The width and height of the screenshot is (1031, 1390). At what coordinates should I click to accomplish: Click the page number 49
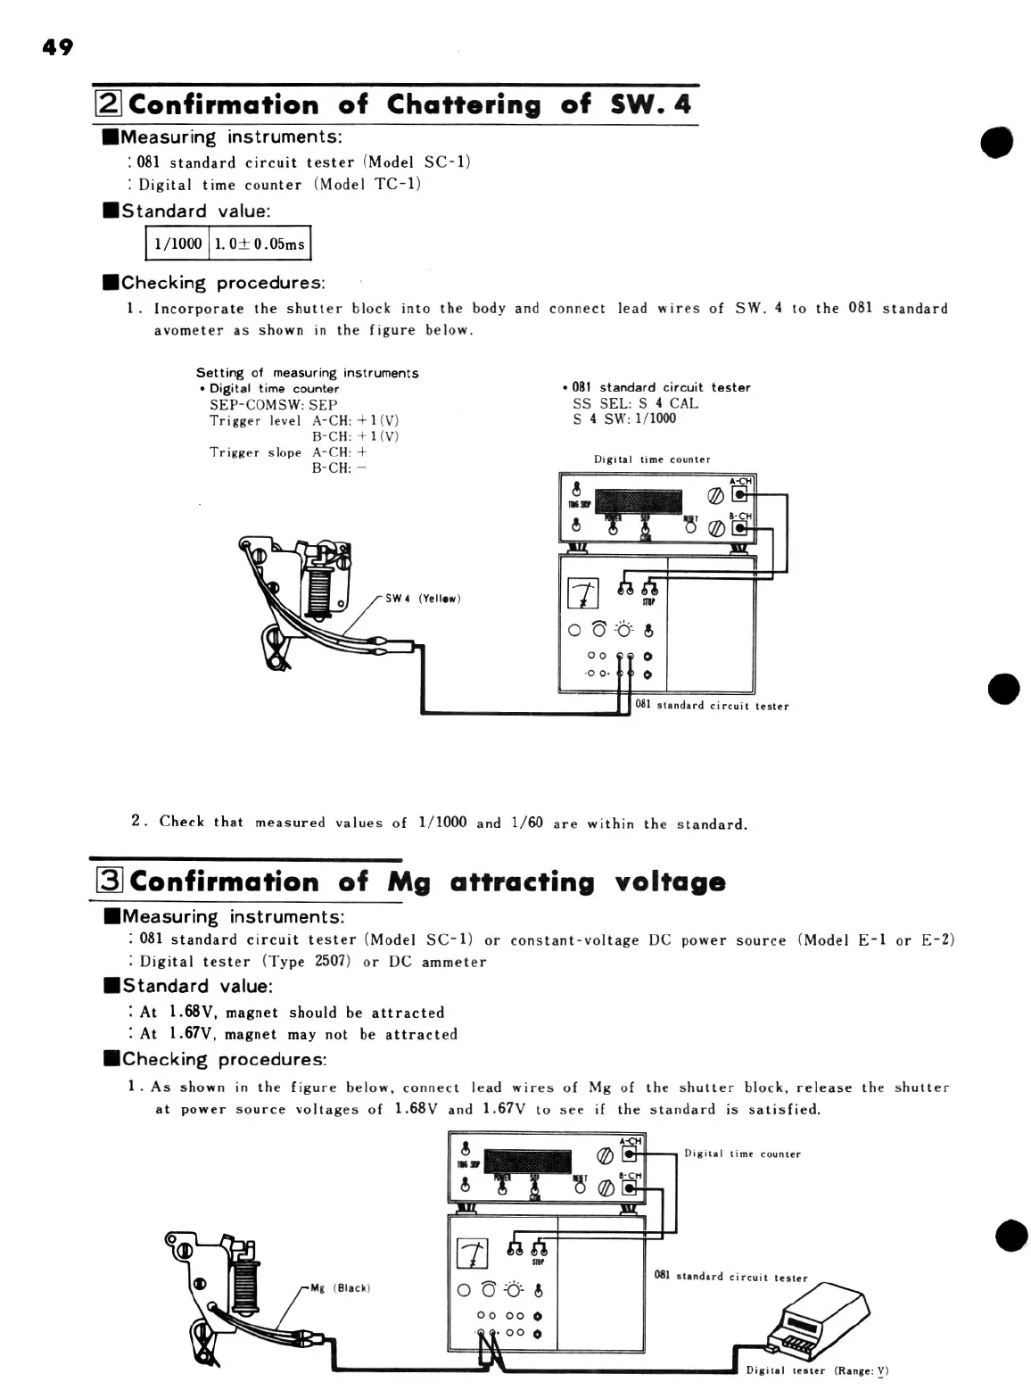point(58,47)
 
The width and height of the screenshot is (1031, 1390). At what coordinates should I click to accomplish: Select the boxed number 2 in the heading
point(108,104)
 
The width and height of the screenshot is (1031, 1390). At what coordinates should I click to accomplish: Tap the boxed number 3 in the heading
point(108,881)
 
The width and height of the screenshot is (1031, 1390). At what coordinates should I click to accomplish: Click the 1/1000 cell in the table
point(177,244)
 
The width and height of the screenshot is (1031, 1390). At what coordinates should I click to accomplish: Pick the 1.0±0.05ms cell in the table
point(259,244)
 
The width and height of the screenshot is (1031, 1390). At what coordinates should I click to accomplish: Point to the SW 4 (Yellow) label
point(422,598)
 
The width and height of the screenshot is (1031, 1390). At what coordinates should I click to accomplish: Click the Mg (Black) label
point(339,1287)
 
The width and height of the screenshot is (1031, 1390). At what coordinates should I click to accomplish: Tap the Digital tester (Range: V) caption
point(817,1370)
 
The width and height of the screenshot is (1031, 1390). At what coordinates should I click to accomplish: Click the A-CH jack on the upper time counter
point(739,495)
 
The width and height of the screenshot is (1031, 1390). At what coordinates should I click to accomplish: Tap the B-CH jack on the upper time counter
point(739,528)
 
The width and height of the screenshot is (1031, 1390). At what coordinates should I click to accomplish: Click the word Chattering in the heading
point(464,104)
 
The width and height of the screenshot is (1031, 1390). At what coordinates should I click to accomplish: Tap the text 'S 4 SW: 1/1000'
point(624,418)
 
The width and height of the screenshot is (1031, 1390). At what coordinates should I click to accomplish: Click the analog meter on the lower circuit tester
point(473,1253)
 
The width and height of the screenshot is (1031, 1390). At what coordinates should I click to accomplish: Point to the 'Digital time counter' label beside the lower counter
point(742,1154)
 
